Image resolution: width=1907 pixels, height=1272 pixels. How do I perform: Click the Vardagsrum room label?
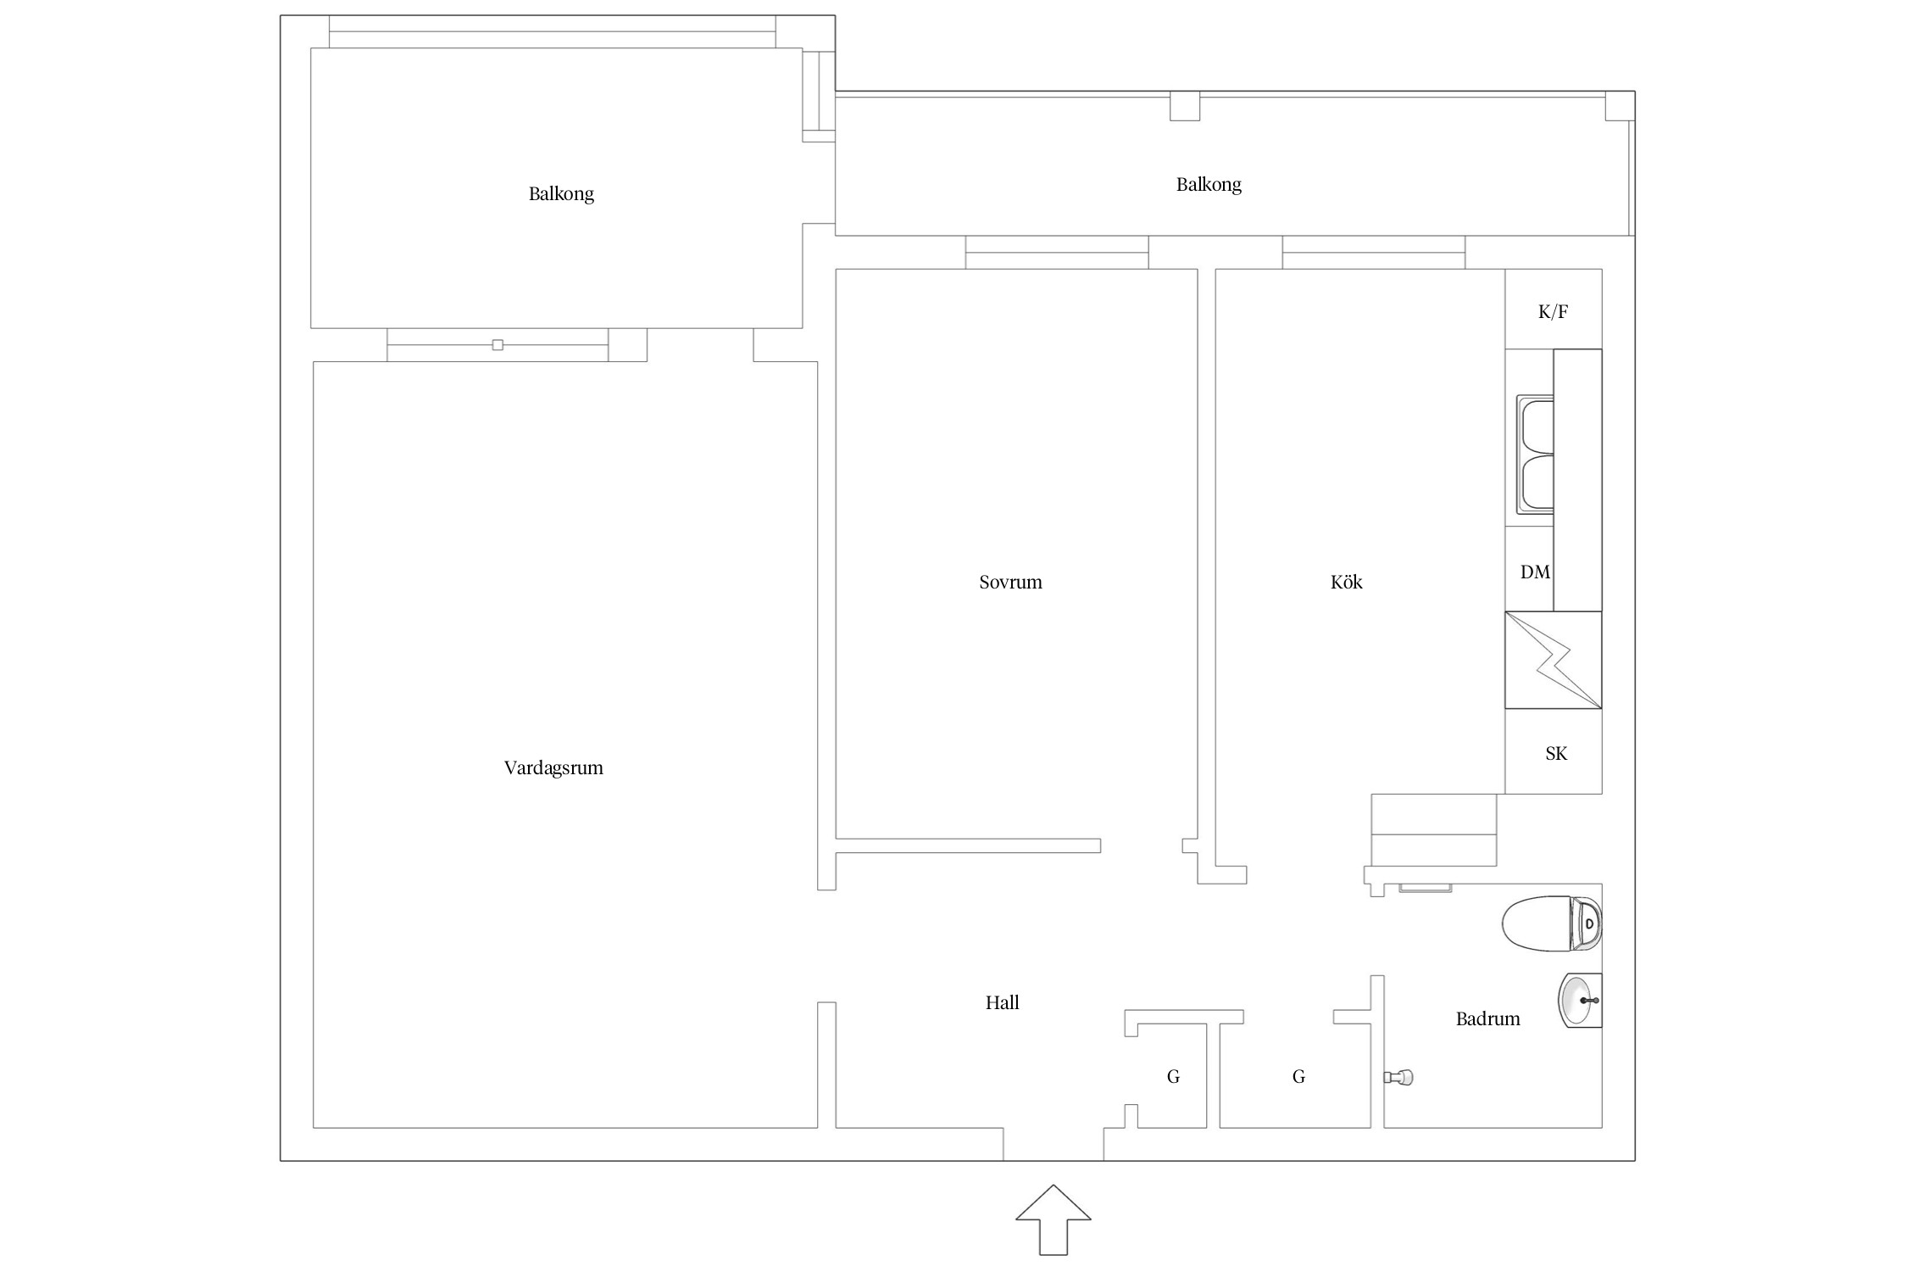click(x=553, y=768)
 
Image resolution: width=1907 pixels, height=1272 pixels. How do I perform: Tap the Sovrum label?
click(x=1010, y=583)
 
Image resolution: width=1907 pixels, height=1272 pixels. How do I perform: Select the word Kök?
click(x=1346, y=582)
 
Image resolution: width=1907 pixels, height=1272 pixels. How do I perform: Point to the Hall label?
click(x=1002, y=1002)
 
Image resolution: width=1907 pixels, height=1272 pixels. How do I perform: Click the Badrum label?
click(x=1487, y=1018)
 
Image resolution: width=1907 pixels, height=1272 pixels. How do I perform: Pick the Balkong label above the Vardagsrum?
click(x=561, y=194)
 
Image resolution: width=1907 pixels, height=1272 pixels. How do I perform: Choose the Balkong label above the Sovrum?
click(x=1209, y=185)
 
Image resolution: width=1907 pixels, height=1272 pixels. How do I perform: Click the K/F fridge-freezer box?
click(x=1554, y=310)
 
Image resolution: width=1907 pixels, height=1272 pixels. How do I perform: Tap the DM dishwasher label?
click(x=1535, y=572)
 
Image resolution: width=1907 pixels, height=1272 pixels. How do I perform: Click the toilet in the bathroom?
click(x=1552, y=923)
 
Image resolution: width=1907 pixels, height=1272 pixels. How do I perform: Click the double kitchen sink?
click(x=1535, y=456)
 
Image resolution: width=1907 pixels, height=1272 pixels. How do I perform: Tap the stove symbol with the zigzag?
click(x=1554, y=660)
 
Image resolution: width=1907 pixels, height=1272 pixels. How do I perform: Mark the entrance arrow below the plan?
click(x=1054, y=1219)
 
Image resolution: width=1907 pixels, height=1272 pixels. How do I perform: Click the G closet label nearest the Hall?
click(x=1173, y=1077)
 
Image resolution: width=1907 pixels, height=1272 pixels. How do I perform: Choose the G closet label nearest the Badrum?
click(x=1298, y=1077)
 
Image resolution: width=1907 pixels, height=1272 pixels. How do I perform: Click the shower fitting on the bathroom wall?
click(x=1398, y=1078)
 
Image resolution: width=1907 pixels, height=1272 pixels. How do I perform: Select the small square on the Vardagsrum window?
click(x=498, y=345)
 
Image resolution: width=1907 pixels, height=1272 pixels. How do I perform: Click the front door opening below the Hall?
click(x=1054, y=1144)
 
